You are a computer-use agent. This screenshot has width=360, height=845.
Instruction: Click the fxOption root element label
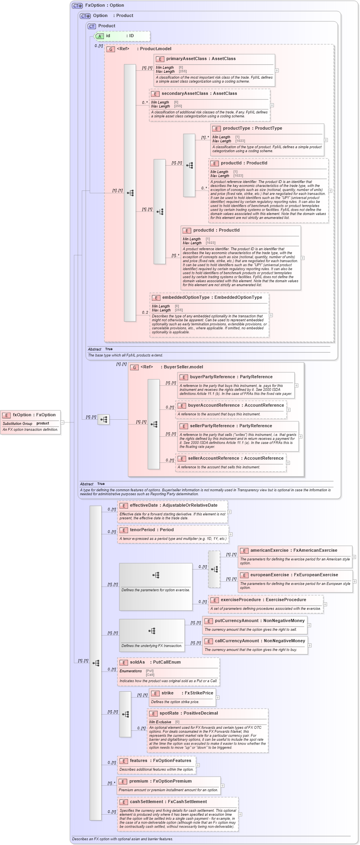[22, 415]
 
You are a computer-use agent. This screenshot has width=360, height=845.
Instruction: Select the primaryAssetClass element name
[186, 58]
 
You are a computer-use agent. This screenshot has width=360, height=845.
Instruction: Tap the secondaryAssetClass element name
[184, 93]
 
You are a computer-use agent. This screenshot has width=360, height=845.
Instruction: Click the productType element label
[236, 128]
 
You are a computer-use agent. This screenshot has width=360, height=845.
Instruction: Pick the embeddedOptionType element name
[186, 297]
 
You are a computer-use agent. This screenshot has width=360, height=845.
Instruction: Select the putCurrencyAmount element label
[237, 621]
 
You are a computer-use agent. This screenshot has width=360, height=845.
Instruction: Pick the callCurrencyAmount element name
[237, 641]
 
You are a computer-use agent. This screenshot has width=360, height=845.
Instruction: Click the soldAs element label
[137, 662]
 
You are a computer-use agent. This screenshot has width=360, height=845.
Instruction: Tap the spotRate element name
[169, 713]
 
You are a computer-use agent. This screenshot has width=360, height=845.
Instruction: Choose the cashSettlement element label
[146, 802]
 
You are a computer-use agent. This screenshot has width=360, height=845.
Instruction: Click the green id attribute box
[123, 36]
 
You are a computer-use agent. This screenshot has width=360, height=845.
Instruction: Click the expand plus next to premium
[222, 785]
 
